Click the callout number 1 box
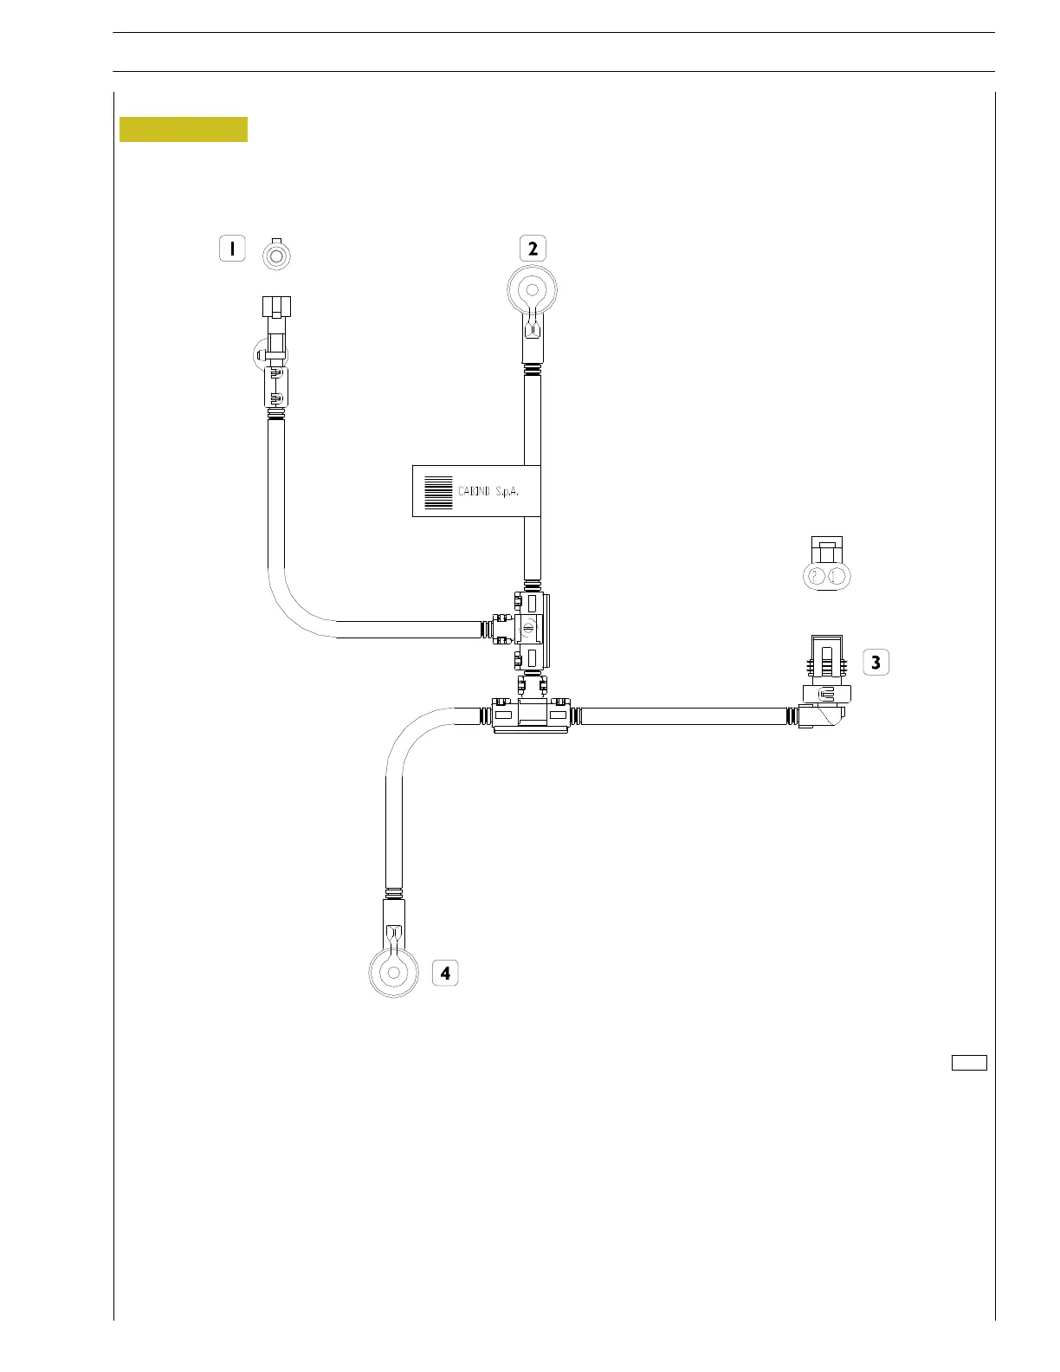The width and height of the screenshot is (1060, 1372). tap(232, 249)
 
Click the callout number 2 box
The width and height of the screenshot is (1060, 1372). tap(533, 249)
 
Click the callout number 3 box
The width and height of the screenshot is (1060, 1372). tap(876, 663)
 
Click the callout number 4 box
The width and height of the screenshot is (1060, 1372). tap(445, 973)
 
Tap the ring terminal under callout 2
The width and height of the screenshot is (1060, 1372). tap(532, 292)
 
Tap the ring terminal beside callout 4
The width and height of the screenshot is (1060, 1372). tap(394, 972)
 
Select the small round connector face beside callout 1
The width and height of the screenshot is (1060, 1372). tap(277, 256)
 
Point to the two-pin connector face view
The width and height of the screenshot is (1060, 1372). tap(827, 576)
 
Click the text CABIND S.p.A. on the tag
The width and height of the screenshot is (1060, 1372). tap(494, 491)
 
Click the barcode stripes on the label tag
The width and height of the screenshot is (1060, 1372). tap(439, 492)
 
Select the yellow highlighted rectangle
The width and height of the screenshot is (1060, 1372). tap(184, 129)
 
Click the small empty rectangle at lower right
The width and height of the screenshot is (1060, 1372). tap(969, 1063)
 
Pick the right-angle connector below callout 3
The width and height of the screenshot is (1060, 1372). tap(824, 715)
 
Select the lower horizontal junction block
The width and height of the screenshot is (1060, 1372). tap(531, 716)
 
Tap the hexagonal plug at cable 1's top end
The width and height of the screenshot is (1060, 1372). tap(276, 308)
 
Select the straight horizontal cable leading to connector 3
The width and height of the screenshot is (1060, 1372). tap(684, 716)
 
